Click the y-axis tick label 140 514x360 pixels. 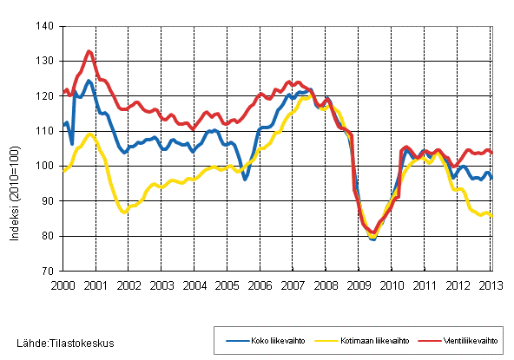(x=46, y=27)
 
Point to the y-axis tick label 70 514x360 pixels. (x=49, y=271)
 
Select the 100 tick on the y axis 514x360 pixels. (x=46, y=166)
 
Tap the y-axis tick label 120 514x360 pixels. (x=46, y=96)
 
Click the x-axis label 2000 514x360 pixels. (x=63, y=285)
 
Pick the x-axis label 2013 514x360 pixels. (x=491, y=285)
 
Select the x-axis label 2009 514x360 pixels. (x=359, y=285)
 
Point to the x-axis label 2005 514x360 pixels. (x=227, y=285)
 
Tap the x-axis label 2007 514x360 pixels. (x=293, y=285)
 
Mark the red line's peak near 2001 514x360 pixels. (x=89, y=51)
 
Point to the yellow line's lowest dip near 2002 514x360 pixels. (x=123, y=212)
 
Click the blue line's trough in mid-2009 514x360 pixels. (x=372, y=238)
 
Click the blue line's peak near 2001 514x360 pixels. (x=89, y=81)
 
